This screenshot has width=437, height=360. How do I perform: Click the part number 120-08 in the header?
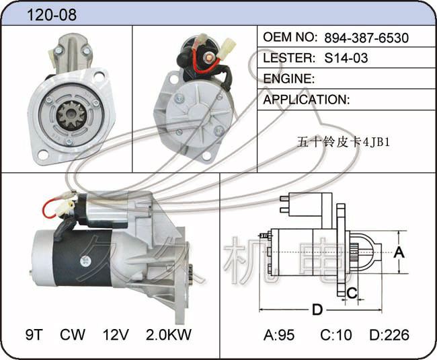pos(52,15)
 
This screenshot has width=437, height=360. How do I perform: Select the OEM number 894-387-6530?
pos(366,38)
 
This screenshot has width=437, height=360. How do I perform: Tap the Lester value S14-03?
pos(346,58)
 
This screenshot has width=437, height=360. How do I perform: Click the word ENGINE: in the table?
pos(288,79)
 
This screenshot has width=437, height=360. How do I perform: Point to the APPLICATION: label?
pos(307,100)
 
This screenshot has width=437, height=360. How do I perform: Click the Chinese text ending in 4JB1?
pos(343,142)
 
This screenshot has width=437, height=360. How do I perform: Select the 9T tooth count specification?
pos(34,334)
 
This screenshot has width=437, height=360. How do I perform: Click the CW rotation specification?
pos(73,334)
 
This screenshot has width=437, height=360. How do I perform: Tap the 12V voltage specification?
pos(116,334)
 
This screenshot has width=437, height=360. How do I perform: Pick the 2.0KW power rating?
pos(169,334)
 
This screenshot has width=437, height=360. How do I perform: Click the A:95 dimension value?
pos(279,335)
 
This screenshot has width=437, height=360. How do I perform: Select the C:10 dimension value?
pos(336,335)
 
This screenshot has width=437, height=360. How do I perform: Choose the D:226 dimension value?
pos(389,335)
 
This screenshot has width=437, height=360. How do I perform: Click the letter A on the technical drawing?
pos(399,252)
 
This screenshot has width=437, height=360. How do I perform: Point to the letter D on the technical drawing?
pos(317,310)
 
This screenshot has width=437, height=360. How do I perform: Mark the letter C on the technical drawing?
pos(352,293)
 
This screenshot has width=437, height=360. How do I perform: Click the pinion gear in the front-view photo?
pos(71,115)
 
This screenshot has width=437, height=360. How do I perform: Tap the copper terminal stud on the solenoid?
pos(208,58)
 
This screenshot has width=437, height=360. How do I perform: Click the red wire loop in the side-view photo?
pos(50,209)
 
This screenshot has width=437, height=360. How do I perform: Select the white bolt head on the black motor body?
pos(85,261)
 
